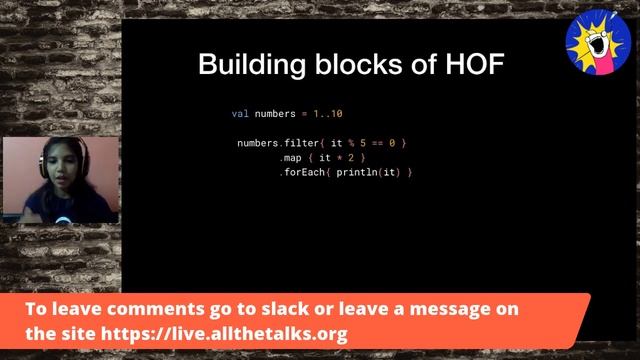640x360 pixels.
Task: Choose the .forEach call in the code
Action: (x=304, y=173)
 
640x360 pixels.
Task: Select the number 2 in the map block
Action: (x=355, y=158)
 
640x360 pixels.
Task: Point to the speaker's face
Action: (x=54, y=165)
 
